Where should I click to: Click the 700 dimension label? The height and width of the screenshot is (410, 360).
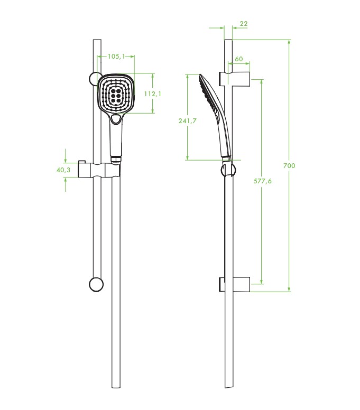pyautogui.click(x=289, y=165)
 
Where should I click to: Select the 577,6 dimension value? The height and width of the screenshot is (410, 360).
pyautogui.click(x=262, y=181)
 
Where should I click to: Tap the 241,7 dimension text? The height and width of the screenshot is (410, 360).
pyautogui.click(x=187, y=121)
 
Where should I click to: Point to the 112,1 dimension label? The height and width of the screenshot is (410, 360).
pyautogui.click(x=153, y=94)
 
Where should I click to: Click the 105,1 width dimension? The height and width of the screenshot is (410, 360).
pyautogui.click(x=116, y=56)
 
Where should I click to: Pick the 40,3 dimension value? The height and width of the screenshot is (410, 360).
pyautogui.click(x=63, y=170)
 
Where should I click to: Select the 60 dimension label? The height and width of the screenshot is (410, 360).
pyautogui.click(x=238, y=59)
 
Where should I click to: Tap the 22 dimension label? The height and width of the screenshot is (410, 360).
pyautogui.click(x=244, y=24)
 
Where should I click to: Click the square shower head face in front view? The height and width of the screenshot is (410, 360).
pyautogui.click(x=116, y=94)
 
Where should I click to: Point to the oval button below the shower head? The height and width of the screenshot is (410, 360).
pyautogui.click(x=116, y=119)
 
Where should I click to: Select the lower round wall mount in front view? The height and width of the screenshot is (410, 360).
pyautogui.click(x=96, y=284)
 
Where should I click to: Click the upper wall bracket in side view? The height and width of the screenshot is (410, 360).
pyautogui.click(x=234, y=79)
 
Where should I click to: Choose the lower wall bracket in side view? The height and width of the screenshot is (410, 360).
pyautogui.click(x=234, y=284)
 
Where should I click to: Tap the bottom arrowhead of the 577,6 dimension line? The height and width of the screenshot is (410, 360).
pyautogui.click(x=262, y=282)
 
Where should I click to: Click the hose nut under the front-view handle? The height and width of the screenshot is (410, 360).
pyautogui.click(x=116, y=159)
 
